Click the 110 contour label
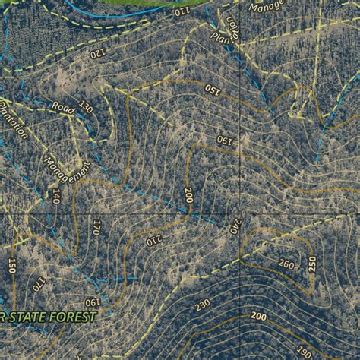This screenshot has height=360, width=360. (x=182, y=12)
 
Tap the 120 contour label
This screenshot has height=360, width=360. (x=98, y=53)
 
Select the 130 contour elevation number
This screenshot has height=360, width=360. (x=86, y=108)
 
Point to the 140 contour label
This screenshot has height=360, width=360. (x=56, y=197)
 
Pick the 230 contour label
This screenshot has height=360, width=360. (x=202, y=305)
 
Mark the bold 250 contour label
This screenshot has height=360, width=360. (x=312, y=264)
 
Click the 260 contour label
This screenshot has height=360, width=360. (x=286, y=264)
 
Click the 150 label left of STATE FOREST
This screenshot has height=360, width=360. (x=12, y=265)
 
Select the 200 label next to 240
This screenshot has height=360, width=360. (x=188, y=196)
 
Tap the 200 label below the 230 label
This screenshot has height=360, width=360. (x=258, y=316)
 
